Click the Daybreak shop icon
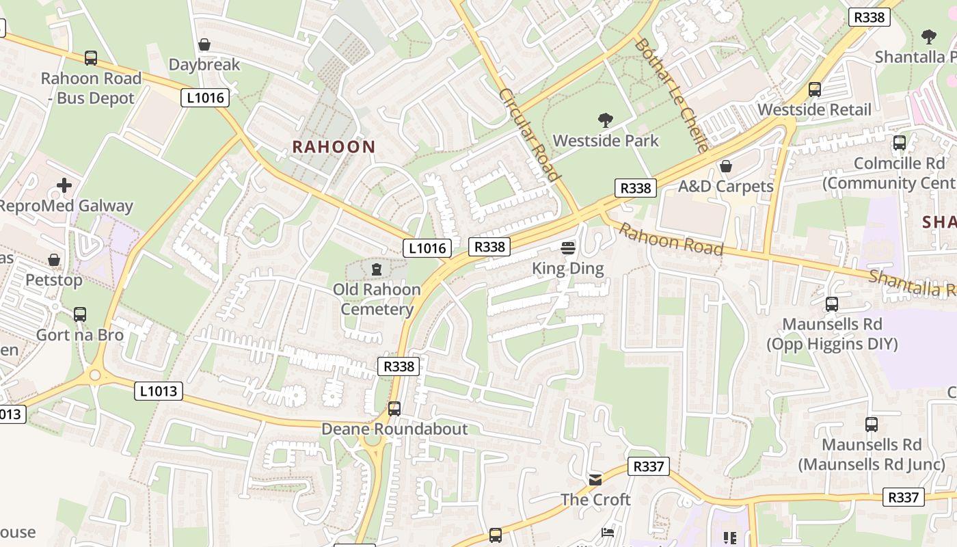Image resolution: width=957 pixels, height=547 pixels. [x=204, y=45]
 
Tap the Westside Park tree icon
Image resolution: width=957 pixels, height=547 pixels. [x=605, y=121]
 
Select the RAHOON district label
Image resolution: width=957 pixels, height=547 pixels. [x=334, y=146]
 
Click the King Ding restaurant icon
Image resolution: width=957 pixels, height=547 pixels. [x=568, y=248]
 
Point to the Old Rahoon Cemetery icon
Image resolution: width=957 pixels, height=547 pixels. [x=377, y=269]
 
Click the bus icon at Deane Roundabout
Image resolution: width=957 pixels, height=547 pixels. [x=394, y=409]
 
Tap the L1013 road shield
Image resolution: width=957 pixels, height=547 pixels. [x=159, y=391]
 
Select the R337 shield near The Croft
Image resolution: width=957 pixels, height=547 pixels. [x=648, y=466]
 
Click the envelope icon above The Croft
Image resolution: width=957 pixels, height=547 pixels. [x=595, y=480]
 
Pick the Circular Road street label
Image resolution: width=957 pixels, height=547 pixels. [x=530, y=135]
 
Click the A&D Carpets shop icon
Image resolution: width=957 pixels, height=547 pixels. [x=726, y=166]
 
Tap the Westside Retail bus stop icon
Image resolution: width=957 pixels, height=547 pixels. [x=814, y=90]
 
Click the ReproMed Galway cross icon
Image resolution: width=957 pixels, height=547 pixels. [x=64, y=185]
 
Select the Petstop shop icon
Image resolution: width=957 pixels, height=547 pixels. [x=54, y=260]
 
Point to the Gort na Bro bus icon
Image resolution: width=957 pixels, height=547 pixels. [x=80, y=315]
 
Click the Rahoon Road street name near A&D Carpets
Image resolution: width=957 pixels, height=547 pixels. [x=671, y=240]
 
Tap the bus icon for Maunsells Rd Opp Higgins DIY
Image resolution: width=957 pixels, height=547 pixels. [x=832, y=304]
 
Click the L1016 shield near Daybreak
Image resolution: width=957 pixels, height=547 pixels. [x=205, y=98]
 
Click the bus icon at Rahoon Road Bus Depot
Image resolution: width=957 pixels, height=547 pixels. [x=91, y=58]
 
